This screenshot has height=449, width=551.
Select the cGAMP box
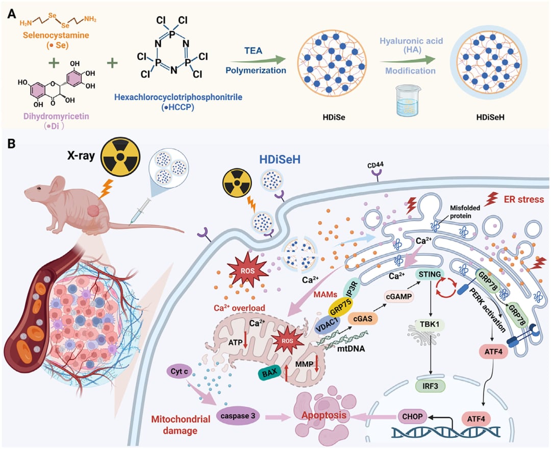point(399,296)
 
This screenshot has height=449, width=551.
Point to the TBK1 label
point(430,324)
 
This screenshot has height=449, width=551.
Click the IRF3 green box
point(431,386)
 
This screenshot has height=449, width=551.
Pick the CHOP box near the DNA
point(413,416)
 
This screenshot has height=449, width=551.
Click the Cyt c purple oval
point(179,371)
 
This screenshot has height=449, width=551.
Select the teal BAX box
point(270,372)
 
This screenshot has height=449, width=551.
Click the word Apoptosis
point(323,415)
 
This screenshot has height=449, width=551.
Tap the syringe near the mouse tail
point(140,211)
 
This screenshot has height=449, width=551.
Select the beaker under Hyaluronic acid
point(407,100)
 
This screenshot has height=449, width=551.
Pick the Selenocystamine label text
point(56,35)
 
